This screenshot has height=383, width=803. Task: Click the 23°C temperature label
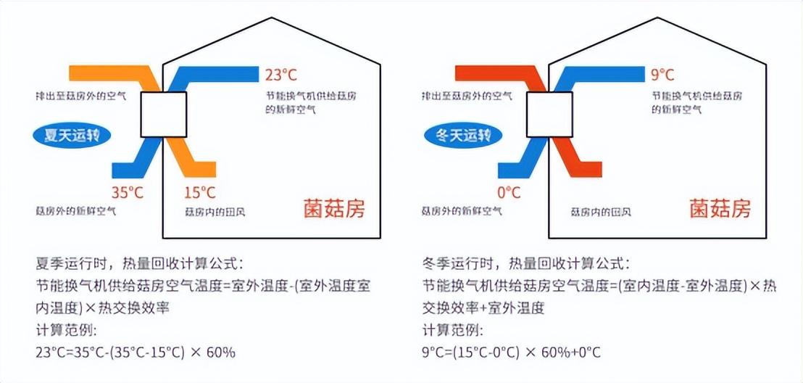[280, 75]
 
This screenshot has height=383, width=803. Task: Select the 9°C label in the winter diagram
[662, 75]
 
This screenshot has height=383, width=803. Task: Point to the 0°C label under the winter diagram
[509, 192]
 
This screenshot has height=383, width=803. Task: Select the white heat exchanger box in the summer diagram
[164, 115]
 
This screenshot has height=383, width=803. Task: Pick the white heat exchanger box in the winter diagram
[549, 115]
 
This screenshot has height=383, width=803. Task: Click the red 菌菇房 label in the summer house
[334, 209]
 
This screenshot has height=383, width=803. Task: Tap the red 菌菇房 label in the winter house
[720, 209]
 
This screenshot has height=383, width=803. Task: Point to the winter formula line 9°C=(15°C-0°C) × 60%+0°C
[512, 353]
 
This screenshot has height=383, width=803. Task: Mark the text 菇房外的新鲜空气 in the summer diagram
[76, 212]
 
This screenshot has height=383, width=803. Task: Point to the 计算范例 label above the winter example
[452, 331]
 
